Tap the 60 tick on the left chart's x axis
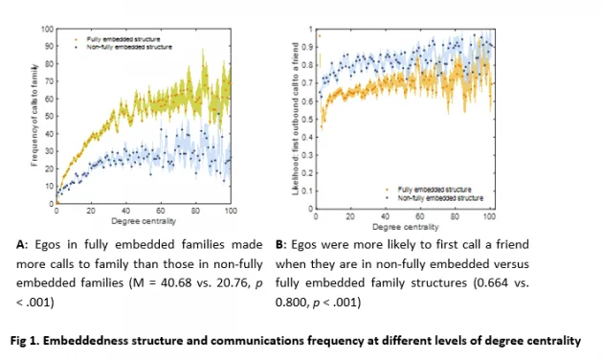pyautogui.click(x=161, y=210)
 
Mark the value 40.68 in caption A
pyautogui.click(x=177, y=284)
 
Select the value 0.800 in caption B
pyautogui.click(x=295, y=304)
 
